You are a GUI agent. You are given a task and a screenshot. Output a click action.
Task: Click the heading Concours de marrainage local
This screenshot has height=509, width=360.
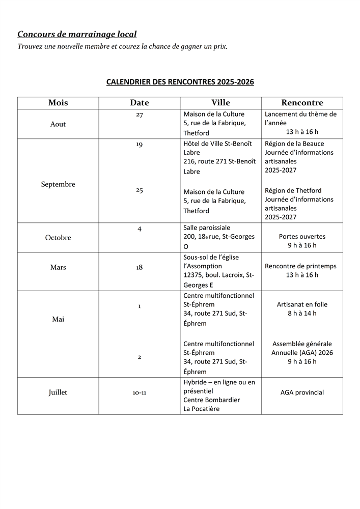click(x=77, y=34)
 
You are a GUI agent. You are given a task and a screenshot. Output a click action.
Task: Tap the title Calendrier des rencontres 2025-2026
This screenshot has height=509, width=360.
click(x=180, y=81)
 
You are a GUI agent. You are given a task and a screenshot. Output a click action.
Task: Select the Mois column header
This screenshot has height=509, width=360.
click(x=58, y=103)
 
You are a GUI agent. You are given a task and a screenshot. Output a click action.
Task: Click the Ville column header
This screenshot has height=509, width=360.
click(x=221, y=103)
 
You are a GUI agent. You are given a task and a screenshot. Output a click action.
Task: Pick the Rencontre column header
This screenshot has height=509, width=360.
click(x=302, y=103)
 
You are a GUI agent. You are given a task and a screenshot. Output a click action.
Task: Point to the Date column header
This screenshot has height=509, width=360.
click(x=139, y=103)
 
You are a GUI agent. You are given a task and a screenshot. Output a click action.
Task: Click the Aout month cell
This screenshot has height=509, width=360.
click(x=58, y=124)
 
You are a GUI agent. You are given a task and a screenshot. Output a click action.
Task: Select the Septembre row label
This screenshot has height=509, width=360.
click(x=58, y=184)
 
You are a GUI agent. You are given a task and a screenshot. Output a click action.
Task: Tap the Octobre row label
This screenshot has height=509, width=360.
click(x=58, y=238)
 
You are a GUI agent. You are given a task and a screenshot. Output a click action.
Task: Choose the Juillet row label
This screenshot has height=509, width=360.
click(x=58, y=392)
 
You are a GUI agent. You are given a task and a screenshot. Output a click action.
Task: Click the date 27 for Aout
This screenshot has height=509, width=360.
click(x=139, y=115)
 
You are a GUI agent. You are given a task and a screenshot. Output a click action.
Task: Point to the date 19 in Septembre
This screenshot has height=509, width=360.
click(x=139, y=145)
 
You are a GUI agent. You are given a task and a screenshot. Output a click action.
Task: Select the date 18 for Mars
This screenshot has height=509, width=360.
click(x=139, y=267)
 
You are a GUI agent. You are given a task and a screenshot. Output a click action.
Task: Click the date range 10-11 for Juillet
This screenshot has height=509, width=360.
click(x=139, y=393)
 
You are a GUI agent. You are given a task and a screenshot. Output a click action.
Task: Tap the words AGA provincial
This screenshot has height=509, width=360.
click(x=302, y=392)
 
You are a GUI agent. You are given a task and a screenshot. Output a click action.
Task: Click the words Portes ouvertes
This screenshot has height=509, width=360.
click(x=302, y=236)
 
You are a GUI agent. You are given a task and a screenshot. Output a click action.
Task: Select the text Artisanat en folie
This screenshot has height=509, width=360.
click(x=302, y=304)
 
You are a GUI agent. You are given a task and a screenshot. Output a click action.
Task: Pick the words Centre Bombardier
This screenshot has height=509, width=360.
click(x=211, y=400)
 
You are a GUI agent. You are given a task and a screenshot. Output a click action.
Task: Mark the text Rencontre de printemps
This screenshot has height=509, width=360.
click(x=300, y=266)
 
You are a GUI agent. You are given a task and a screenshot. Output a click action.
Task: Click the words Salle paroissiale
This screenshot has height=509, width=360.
click(x=207, y=228)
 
